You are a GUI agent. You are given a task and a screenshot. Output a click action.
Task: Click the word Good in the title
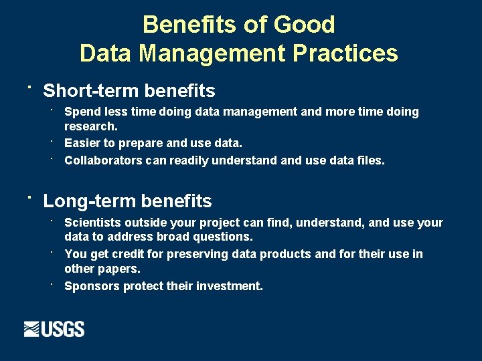tap(305, 25)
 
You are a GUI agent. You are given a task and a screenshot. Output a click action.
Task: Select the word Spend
tap(82, 112)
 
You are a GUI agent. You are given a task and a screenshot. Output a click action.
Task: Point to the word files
tap(370, 160)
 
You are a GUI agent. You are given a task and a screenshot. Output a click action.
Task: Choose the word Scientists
tap(93, 223)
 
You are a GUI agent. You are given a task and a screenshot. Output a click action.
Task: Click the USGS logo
tap(54, 329)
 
